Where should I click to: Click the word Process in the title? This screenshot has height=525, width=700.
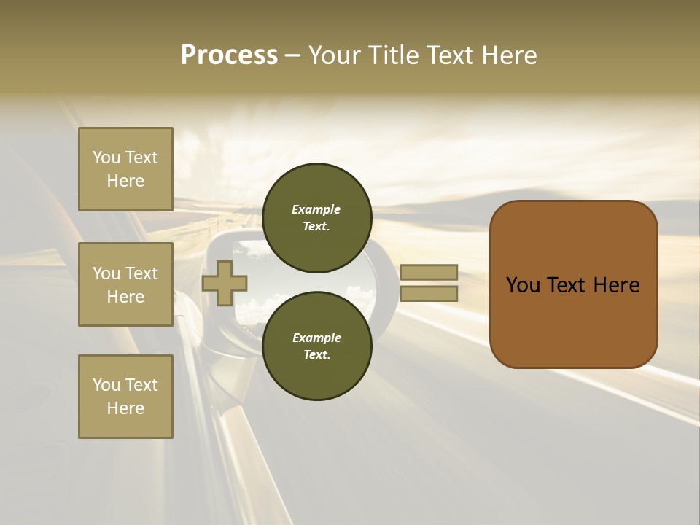(x=229, y=55)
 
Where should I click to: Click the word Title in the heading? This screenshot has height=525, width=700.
(x=389, y=55)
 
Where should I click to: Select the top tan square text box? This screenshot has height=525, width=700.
(x=125, y=169)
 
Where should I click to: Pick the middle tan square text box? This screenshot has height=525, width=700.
(x=125, y=284)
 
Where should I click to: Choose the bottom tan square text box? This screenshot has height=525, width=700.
(x=125, y=397)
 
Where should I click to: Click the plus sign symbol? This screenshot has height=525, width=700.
(x=225, y=283)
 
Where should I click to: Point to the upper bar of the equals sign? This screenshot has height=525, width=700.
(x=429, y=272)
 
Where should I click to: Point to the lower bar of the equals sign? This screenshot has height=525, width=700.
(x=429, y=293)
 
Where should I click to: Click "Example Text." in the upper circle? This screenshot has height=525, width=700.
(x=316, y=217)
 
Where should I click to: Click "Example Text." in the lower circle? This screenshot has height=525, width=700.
(x=316, y=346)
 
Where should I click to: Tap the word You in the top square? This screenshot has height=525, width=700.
(x=106, y=157)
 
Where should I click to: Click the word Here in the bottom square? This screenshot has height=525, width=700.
(x=125, y=408)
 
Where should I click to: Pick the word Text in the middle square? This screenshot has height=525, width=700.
(x=141, y=273)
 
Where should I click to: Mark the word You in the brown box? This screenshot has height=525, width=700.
(x=523, y=285)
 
